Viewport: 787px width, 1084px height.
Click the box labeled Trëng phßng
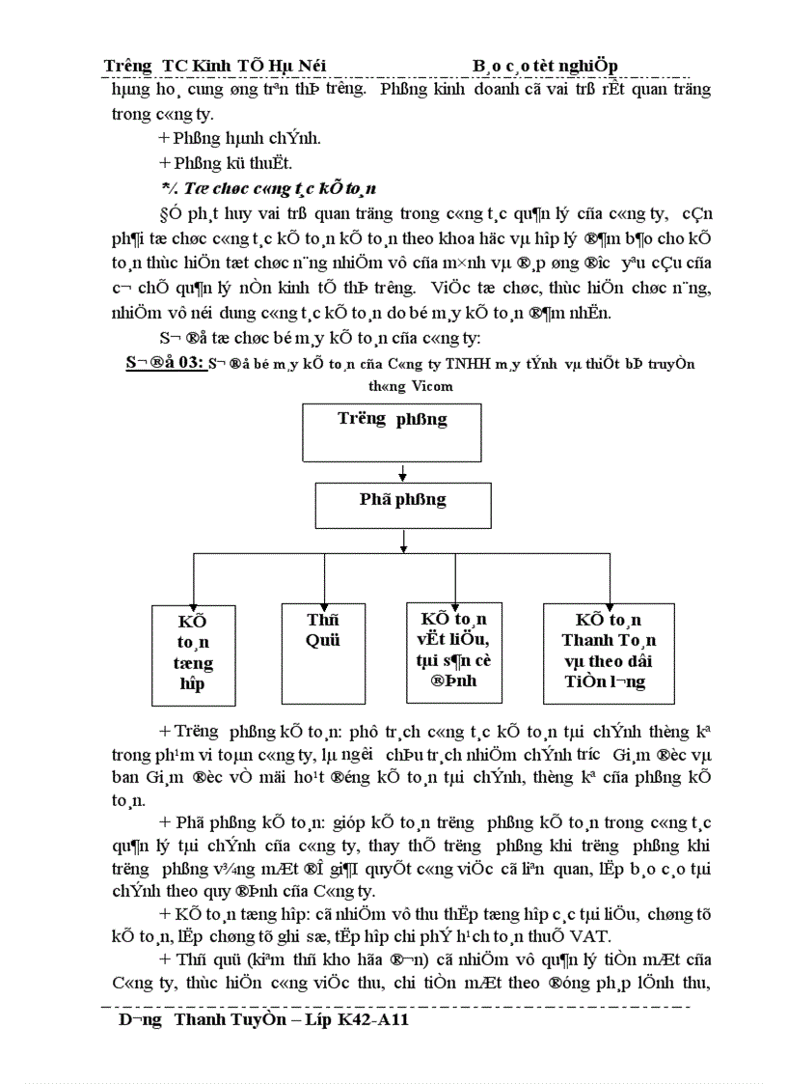click(393, 432)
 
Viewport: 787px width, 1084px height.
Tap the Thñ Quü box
click(323, 653)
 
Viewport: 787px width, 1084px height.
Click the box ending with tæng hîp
click(194, 654)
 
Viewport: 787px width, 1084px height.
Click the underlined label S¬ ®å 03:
click(164, 364)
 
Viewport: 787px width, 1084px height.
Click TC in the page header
click(174, 65)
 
